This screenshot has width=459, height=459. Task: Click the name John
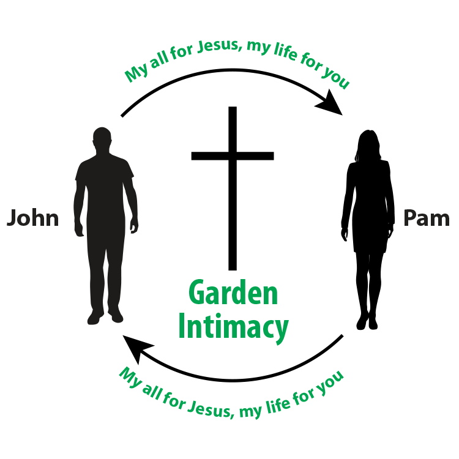[x=33, y=218]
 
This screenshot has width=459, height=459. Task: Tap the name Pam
[x=426, y=218]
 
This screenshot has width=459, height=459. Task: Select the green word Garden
[x=233, y=294]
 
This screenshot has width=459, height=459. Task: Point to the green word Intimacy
[x=233, y=327]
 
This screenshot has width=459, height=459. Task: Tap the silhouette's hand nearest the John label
[x=79, y=229]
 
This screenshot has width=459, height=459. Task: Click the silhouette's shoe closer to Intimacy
[x=116, y=316]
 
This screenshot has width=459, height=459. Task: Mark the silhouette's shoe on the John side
[x=94, y=318]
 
